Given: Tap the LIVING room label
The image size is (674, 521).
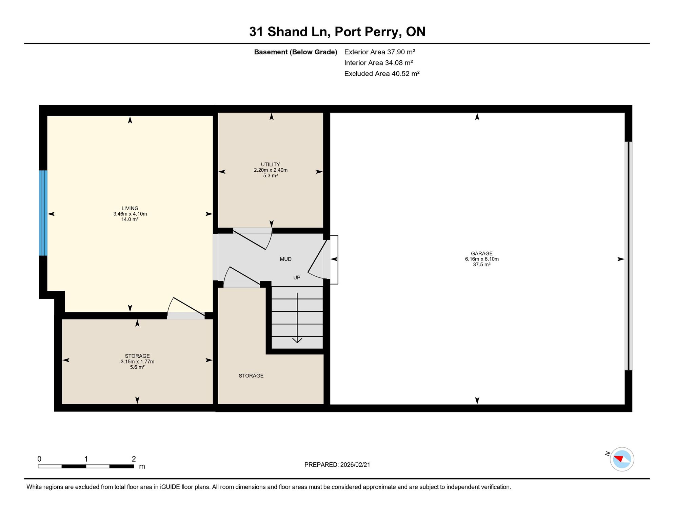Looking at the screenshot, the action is pos(130,208).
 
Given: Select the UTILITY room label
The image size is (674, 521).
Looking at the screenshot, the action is pos(270,165).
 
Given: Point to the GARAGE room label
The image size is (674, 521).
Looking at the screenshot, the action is pos(481,253).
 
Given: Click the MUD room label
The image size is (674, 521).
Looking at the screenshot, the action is pos(285,259).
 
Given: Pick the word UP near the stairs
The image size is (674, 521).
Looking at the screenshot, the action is pos(297,277).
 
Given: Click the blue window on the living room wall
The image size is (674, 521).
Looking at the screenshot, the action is pos(43,213).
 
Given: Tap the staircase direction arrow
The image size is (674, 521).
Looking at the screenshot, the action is pos(297,317).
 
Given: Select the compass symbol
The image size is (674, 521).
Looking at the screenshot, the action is pos(621,459).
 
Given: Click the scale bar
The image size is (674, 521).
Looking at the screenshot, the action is pos(86,466).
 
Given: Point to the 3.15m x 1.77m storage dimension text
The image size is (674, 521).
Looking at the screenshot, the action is pos(137,362).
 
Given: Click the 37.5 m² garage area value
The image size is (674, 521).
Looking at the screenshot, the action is pos(481,265).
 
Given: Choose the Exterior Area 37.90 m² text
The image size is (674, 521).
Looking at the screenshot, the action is pos(379,52).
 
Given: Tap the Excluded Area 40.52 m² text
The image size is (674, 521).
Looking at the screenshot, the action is pos(382,74).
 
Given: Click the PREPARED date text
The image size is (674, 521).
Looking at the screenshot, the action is pos(337,465).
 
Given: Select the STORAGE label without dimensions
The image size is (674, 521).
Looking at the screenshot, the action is pos(251,376).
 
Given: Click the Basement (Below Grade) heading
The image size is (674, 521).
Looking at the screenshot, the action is pos(296,52).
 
